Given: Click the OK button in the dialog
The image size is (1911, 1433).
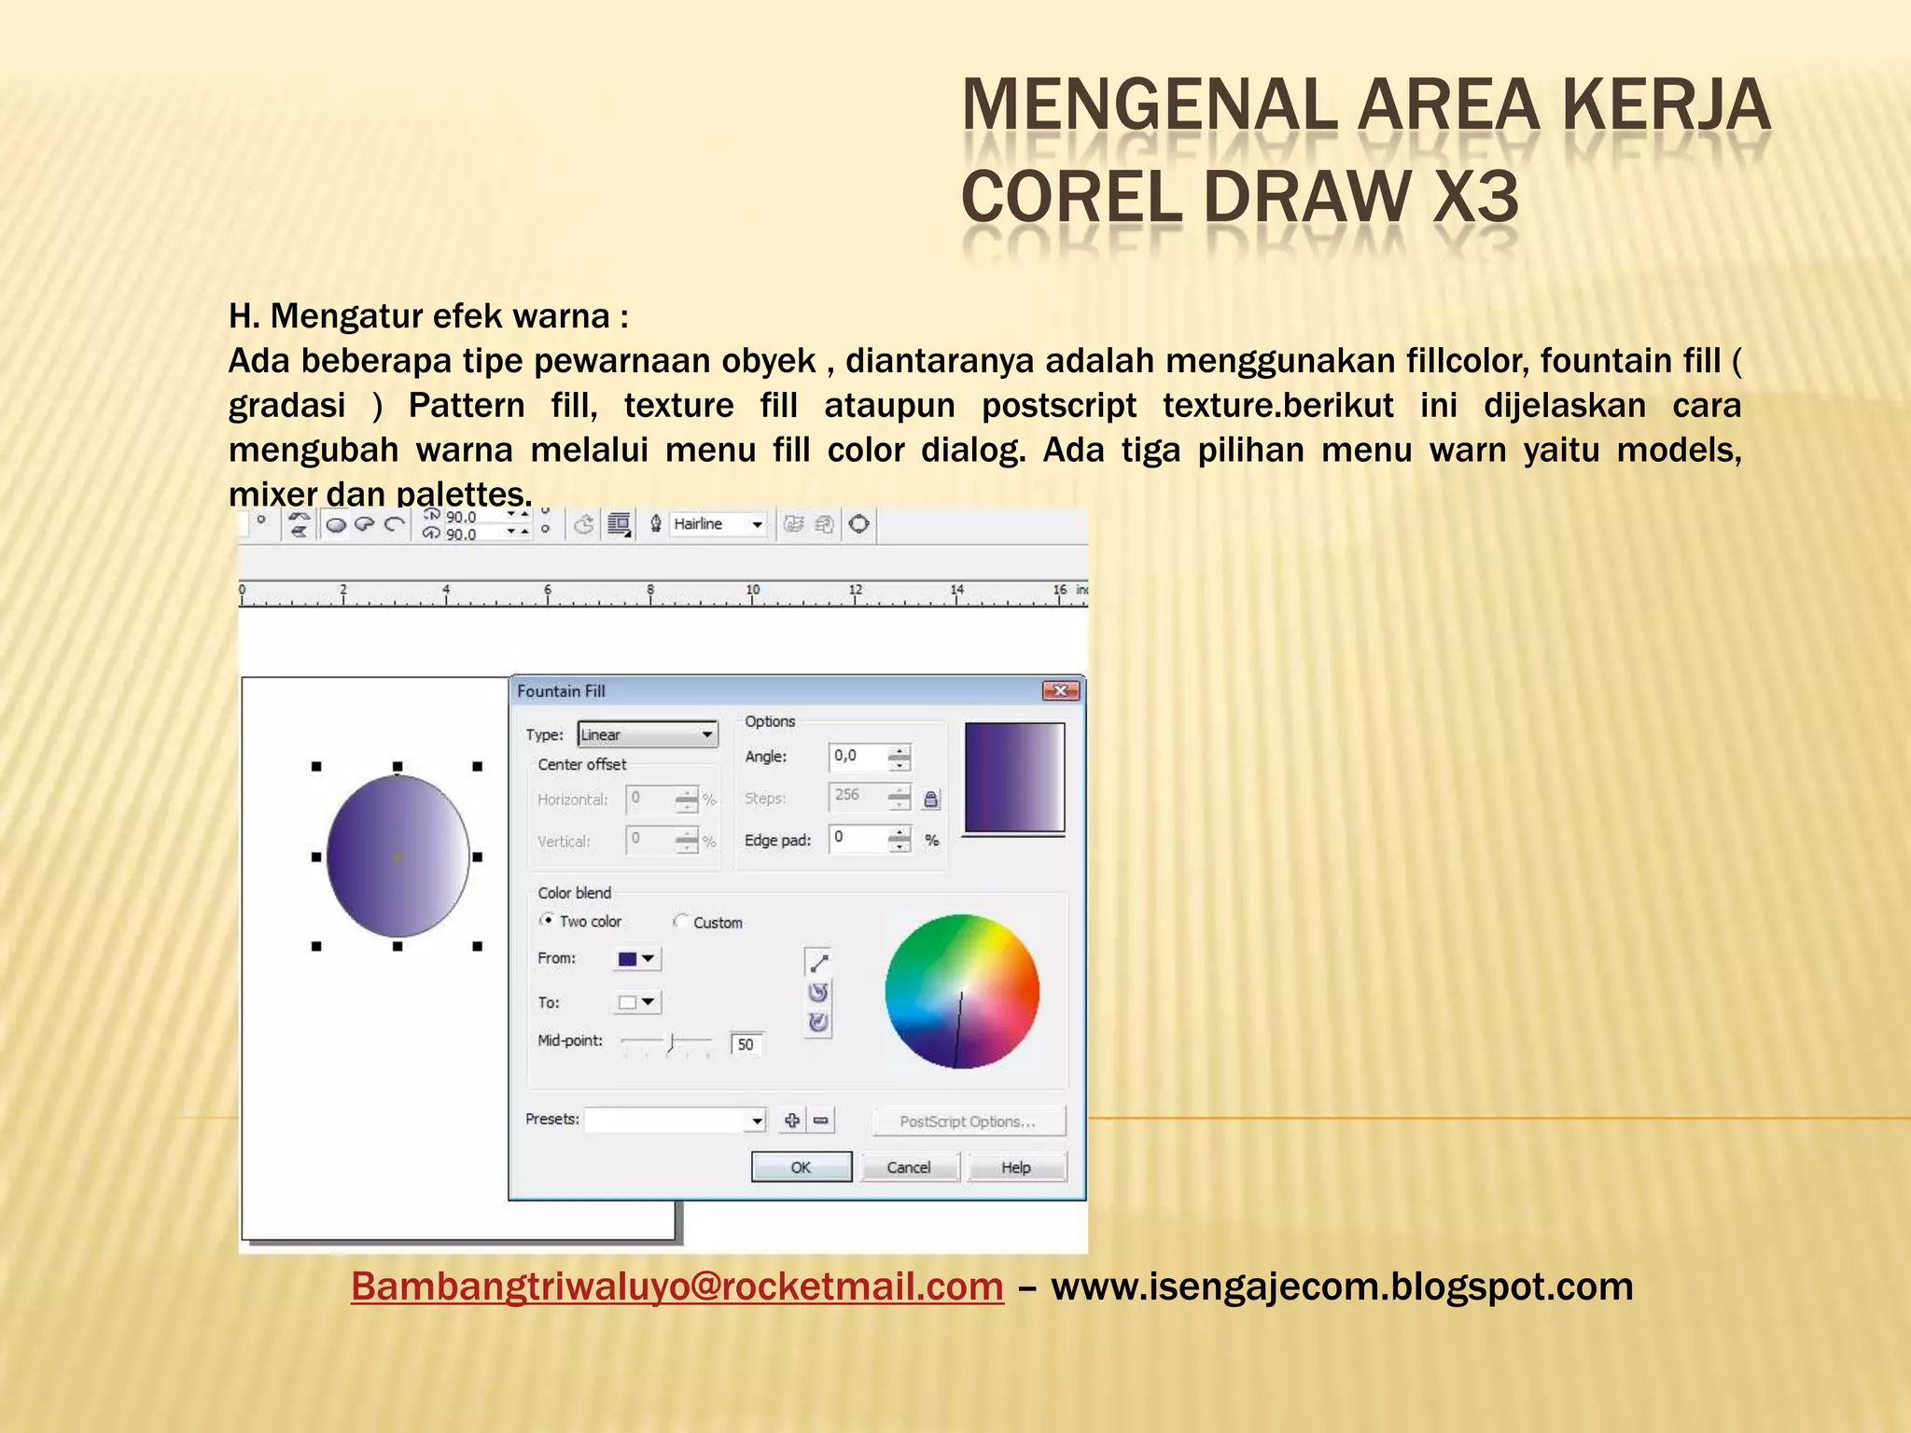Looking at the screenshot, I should (801, 1167).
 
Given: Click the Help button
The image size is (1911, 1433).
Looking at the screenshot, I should (1016, 1167).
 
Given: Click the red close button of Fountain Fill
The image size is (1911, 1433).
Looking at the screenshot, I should (1061, 691).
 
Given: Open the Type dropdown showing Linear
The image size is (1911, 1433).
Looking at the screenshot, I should (648, 735).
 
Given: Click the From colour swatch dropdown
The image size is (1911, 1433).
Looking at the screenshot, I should (637, 959).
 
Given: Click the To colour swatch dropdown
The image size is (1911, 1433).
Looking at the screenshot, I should (637, 1002).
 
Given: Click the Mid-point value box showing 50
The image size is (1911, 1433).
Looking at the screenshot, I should (746, 1044).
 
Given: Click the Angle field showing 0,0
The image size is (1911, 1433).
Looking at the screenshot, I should (858, 757).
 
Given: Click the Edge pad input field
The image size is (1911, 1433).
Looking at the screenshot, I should (858, 839).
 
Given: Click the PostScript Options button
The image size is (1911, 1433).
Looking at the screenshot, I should (968, 1121).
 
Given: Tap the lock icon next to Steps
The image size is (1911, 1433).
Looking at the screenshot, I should (930, 799).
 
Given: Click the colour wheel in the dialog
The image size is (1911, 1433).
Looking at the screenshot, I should (962, 991).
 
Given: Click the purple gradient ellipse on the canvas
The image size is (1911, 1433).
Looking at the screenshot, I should (398, 856).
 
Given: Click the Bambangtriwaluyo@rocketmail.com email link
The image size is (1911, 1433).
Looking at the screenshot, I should (677, 1287).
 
